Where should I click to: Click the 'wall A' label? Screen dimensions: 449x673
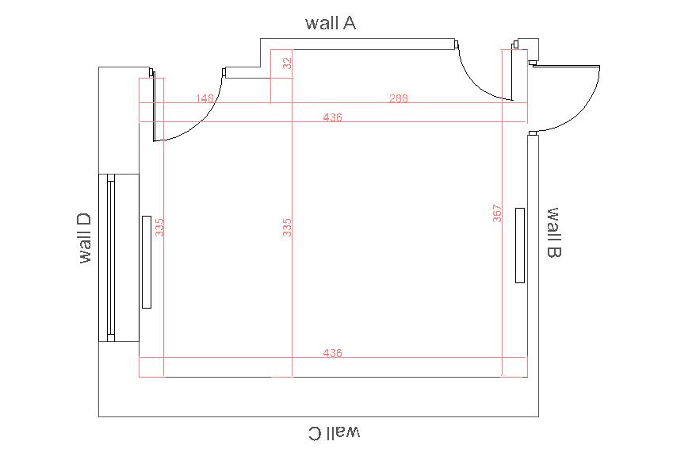(331, 23)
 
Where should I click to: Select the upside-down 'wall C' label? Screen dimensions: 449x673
(335, 432)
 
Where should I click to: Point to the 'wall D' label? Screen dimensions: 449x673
(85, 238)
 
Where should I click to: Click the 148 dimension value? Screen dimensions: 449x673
(205, 98)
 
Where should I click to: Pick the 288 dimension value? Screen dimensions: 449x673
(399, 98)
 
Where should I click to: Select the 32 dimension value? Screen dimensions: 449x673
(287, 63)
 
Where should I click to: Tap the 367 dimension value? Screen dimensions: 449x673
(497, 213)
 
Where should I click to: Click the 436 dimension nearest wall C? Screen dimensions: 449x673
(333, 353)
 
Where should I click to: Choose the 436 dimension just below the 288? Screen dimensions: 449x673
(333, 117)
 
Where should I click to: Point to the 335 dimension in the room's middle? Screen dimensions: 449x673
(287, 228)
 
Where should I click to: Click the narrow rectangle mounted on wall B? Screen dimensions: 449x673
(520, 245)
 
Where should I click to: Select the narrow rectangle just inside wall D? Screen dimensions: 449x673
(147, 262)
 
